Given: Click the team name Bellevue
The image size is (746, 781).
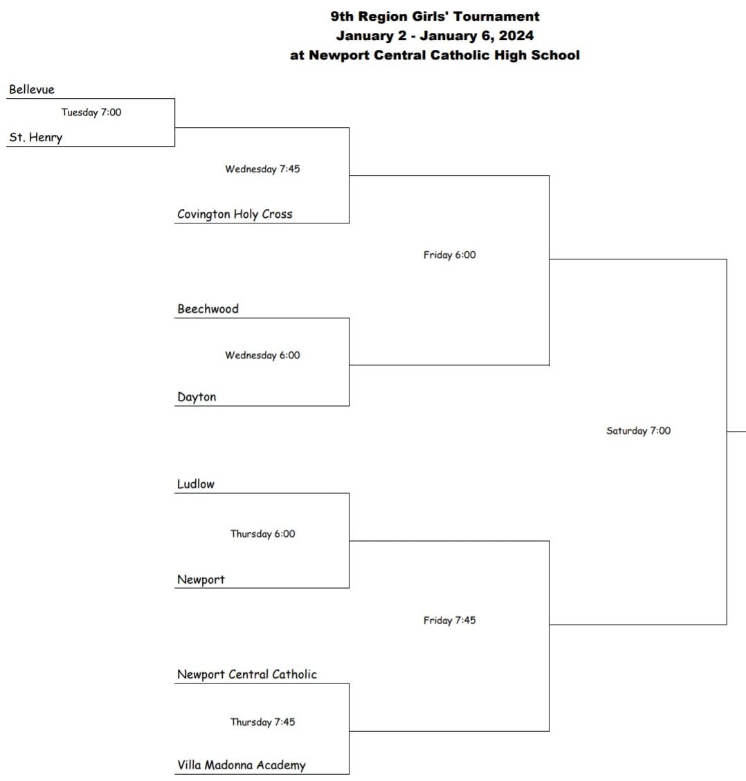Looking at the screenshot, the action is pyautogui.click(x=32, y=90).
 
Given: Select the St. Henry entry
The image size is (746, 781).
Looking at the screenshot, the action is pyautogui.click(x=36, y=138).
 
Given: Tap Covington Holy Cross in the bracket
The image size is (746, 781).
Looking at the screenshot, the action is pyautogui.click(x=235, y=214).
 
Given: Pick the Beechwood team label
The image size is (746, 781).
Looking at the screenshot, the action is pyautogui.click(x=208, y=309).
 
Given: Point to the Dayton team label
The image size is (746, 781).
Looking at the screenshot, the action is pyautogui.click(x=197, y=397).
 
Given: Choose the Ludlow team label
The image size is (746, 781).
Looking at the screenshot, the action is pyautogui.click(x=196, y=484).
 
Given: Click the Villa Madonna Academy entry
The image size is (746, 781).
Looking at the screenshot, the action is pyautogui.click(x=242, y=765).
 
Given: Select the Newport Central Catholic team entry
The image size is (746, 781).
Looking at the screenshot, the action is pyautogui.click(x=247, y=674).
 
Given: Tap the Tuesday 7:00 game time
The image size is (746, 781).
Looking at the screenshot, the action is pyautogui.click(x=91, y=113).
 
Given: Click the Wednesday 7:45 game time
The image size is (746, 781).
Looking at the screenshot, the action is pyautogui.click(x=262, y=169).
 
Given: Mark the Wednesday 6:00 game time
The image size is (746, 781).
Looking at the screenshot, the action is pyautogui.click(x=262, y=356).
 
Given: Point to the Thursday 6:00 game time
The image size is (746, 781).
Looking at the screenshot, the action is pyautogui.click(x=262, y=534).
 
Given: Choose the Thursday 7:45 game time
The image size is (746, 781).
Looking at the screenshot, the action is pyautogui.click(x=262, y=722).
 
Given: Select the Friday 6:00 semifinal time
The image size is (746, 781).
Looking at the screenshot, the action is pyautogui.click(x=450, y=255).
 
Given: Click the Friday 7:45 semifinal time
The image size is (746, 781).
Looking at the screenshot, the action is pyautogui.click(x=450, y=621).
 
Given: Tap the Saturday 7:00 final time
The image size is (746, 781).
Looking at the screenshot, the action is pyautogui.click(x=638, y=431).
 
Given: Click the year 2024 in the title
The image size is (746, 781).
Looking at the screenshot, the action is pyautogui.click(x=516, y=36).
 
